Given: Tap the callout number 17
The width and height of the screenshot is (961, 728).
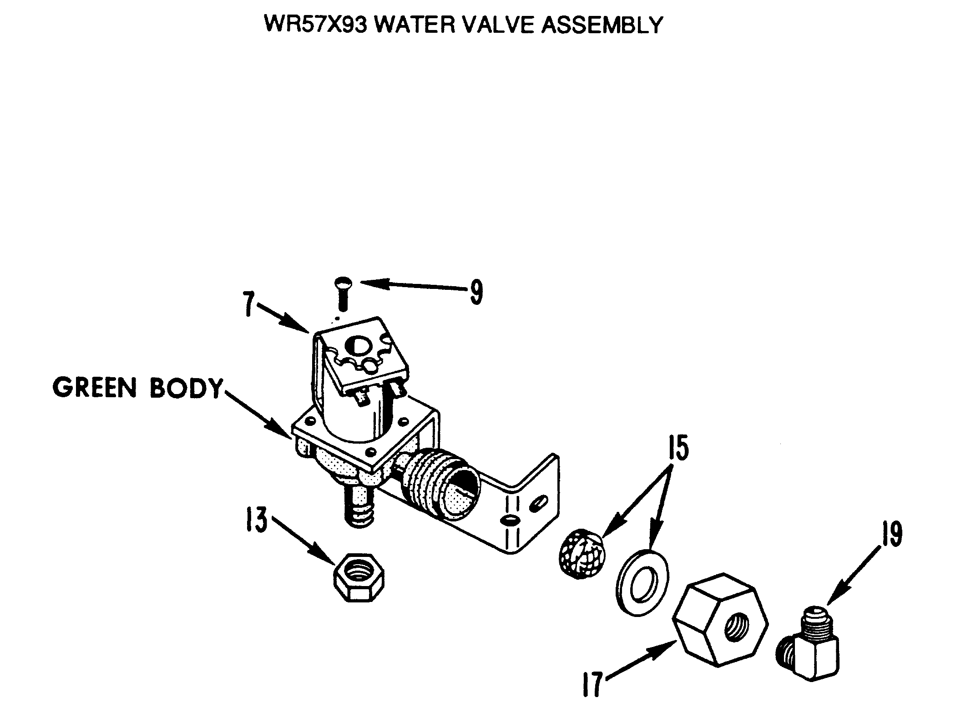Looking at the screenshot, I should pyautogui.click(x=592, y=685).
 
